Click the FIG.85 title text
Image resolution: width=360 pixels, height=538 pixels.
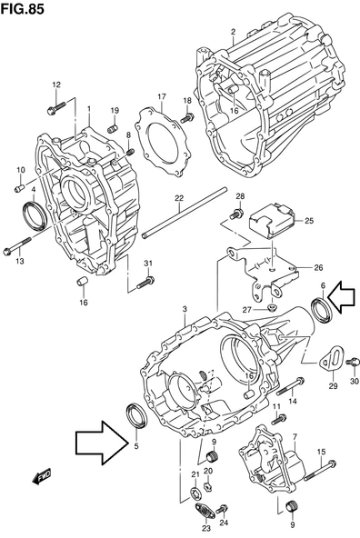pos(23,9)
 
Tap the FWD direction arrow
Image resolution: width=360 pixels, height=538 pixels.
pos(41,476)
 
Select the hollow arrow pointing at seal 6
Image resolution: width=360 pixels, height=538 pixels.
pos(342,296)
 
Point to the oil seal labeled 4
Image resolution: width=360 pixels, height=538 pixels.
pos(34,215)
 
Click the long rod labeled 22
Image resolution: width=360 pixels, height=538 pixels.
pos(185,213)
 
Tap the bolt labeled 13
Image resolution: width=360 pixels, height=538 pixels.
pos(16,245)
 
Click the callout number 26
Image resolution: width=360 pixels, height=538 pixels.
pos(318,267)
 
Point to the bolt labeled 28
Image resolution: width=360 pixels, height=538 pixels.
pos(236,214)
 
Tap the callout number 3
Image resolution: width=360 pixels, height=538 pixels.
pos(185,310)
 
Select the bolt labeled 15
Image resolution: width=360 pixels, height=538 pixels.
pos(321,470)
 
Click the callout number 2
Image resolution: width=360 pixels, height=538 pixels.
pos(234,32)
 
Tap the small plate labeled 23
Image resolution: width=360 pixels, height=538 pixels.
pos(205,512)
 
